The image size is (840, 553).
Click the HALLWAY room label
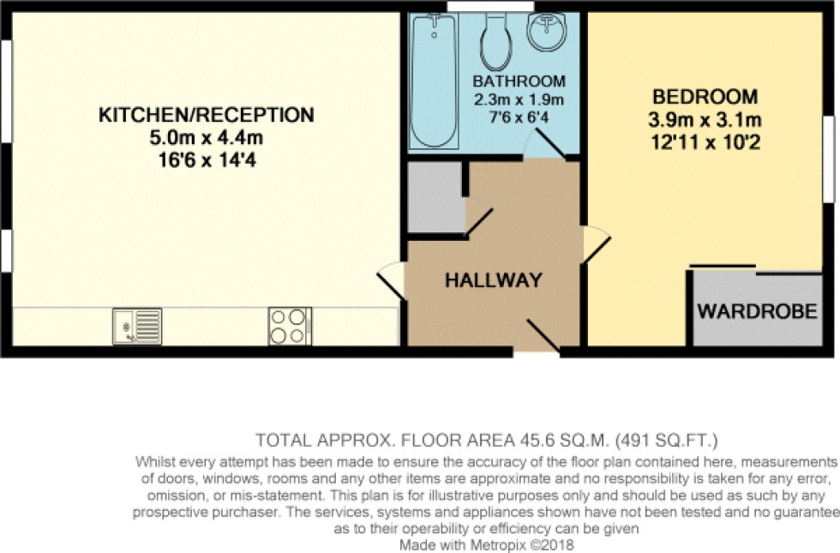(x=493, y=280)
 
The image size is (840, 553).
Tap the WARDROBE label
(x=757, y=311)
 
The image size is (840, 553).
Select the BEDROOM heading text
(x=705, y=96)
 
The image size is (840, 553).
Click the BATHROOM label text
(x=519, y=81)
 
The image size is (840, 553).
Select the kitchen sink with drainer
(x=137, y=325)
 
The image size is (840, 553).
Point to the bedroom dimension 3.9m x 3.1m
(x=705, y=118)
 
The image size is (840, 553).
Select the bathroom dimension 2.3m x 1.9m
(x=519, y=99)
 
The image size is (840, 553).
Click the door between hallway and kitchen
(x=392, y=279)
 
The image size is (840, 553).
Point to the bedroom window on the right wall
(x=829, y=159)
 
